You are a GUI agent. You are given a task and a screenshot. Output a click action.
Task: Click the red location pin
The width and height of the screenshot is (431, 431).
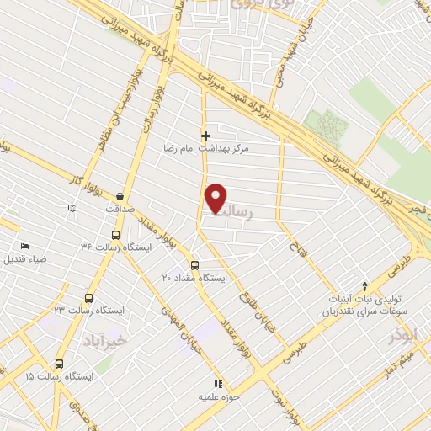click(x=216, y=198)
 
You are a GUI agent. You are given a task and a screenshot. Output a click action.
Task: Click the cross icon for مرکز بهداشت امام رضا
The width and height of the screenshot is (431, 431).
click(x=205, y=135)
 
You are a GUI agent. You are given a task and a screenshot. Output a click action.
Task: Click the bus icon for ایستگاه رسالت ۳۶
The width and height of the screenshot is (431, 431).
click(x=115, y=236)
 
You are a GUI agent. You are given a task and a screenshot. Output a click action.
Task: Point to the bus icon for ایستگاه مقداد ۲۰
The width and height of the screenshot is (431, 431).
click(x=195, y=265)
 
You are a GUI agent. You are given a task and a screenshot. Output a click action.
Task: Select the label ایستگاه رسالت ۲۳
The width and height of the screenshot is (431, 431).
click(x=94, y=311)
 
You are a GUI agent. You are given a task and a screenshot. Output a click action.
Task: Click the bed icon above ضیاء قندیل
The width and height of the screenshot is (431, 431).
click(x=24, y=246)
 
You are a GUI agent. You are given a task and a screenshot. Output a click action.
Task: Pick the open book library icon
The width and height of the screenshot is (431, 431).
click(x=72, y=207)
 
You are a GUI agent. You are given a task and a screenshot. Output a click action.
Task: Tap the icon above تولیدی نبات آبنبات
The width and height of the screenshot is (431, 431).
click(x=364, y=286)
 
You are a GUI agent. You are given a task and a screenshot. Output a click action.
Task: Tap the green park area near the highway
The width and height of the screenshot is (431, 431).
click(x=324, y=126)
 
